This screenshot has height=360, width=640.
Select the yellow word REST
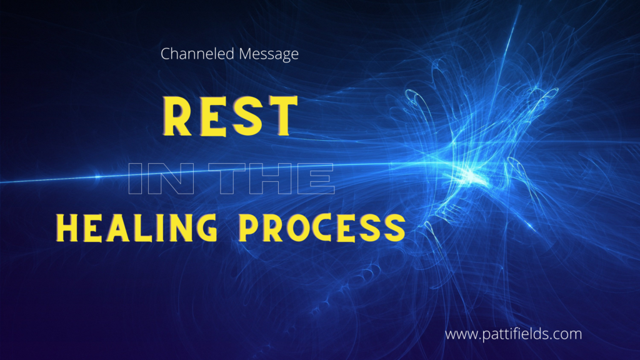click(230, 116)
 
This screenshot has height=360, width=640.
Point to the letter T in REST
click(281, 116)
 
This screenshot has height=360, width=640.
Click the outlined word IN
click(161, 179)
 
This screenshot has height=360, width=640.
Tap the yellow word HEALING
click(137, 227)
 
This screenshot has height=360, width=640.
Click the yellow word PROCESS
click(322, 227)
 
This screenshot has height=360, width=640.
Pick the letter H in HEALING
click(67, 227)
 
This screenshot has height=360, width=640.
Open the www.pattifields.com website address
click(514, 334)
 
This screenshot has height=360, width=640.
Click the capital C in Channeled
click(166, 54)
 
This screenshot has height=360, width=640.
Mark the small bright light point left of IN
click(97, 177)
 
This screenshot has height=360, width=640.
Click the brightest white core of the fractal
click(470, 174)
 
